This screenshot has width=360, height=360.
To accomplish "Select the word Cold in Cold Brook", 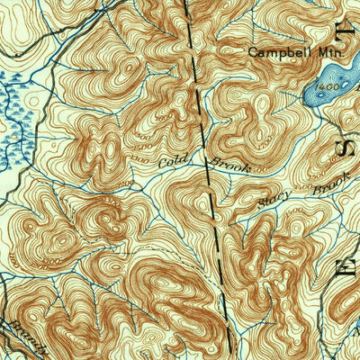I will tap(171, 163).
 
